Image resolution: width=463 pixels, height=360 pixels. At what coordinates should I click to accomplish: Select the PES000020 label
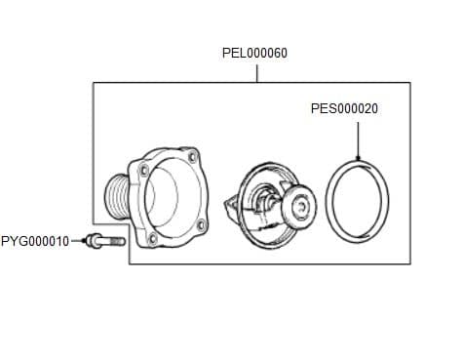344,109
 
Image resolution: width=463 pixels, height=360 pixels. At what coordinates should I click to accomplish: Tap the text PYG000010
35,240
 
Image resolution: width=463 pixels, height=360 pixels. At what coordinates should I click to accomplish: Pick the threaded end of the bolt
117,241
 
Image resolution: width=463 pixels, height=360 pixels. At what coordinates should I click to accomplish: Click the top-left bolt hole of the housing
144,171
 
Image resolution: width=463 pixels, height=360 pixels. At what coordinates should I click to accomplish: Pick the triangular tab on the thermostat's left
230,206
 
